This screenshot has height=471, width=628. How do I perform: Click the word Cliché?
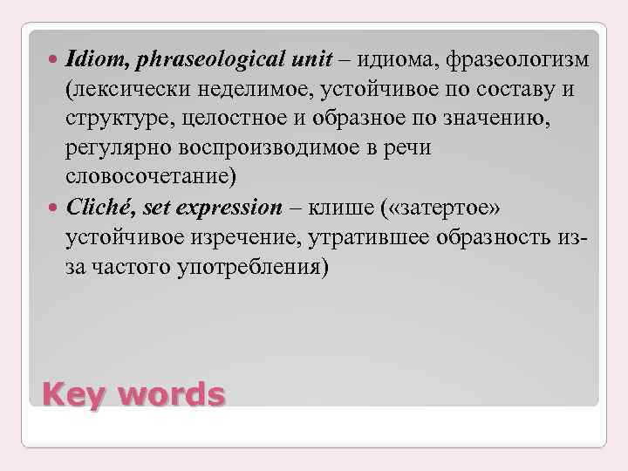tap(93, 208)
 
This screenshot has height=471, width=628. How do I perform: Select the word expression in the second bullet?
tap(230, 208)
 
